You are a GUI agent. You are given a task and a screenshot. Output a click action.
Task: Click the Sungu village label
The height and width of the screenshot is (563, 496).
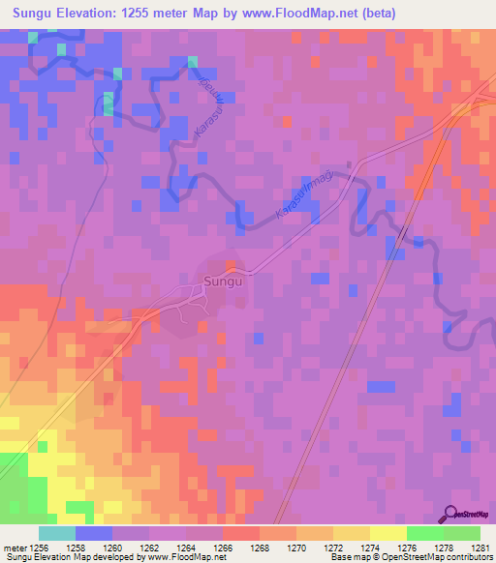(221, 283)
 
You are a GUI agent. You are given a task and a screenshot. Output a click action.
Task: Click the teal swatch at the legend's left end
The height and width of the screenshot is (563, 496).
(56, 533)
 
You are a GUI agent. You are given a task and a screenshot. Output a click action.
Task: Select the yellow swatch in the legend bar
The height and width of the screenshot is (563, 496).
(387, 533)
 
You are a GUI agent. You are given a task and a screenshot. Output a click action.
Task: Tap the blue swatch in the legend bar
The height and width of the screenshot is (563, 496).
(93, 533)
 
